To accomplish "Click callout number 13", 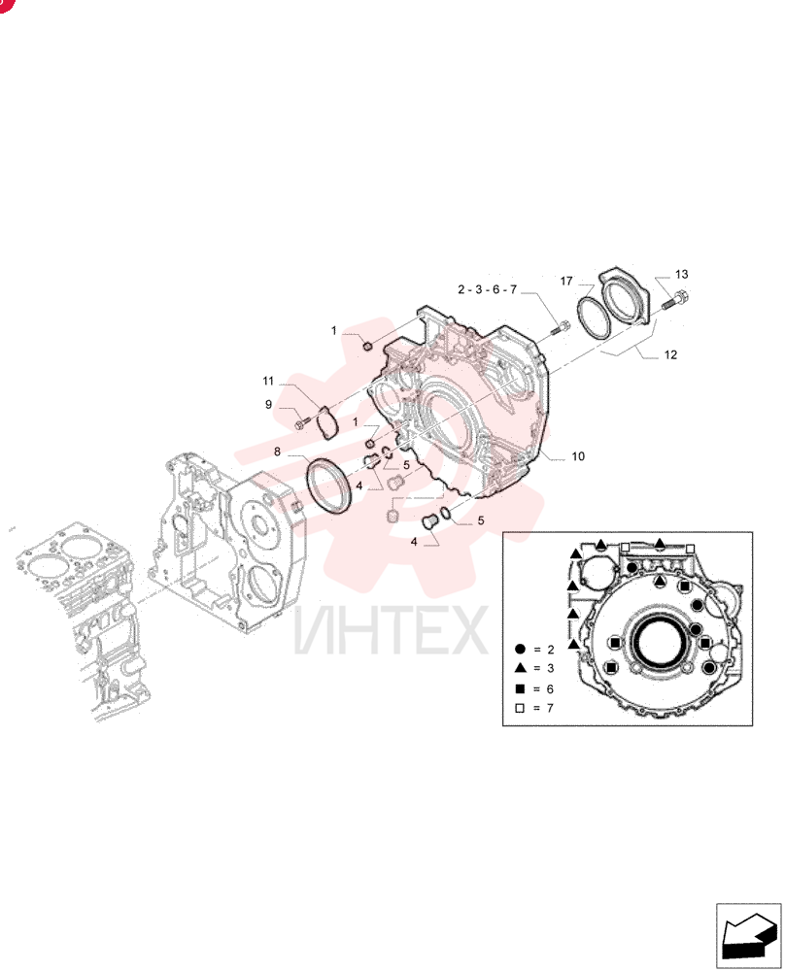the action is (x=681, y=275).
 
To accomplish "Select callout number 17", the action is (x=566, y=282).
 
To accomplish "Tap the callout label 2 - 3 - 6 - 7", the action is (x=487, y=289).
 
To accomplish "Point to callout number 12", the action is (x=670, y=354).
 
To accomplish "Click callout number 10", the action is (x=577, y=456).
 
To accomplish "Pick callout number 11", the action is (x=267, y=381).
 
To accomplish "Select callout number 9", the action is (x=268, y=404).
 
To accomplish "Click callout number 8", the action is (x=278, y=452).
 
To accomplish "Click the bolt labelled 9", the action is (x=302, y=423).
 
